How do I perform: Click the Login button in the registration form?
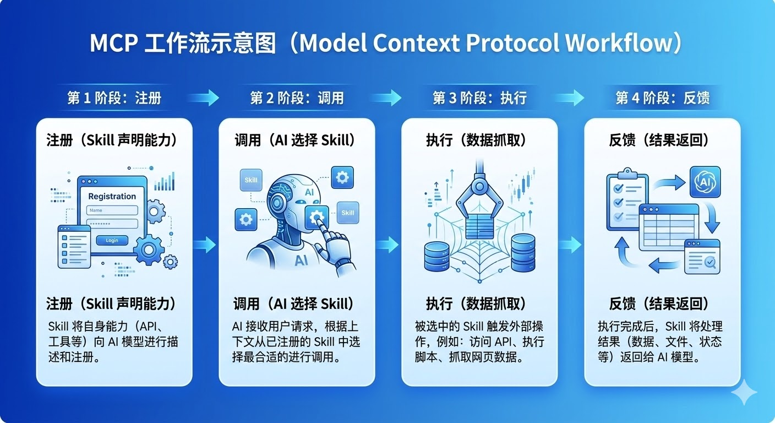(112, 240)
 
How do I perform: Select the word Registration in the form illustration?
(112, 196)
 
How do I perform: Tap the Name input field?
(112, 210)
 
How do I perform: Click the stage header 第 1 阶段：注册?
(114, 98)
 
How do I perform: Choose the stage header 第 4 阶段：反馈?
(662, 98)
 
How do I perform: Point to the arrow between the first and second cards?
(205, 243)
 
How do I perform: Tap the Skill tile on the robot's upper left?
(251, 180)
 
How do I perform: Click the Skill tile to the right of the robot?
(347, 213)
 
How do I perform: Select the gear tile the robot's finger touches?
(316, 218)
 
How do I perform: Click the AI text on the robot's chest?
(301, 260)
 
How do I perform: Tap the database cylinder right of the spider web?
(523, 252)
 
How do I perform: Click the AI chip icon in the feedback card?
(705, 181)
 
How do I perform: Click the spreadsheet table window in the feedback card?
(668, 226)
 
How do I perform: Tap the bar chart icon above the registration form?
(165, 182)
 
